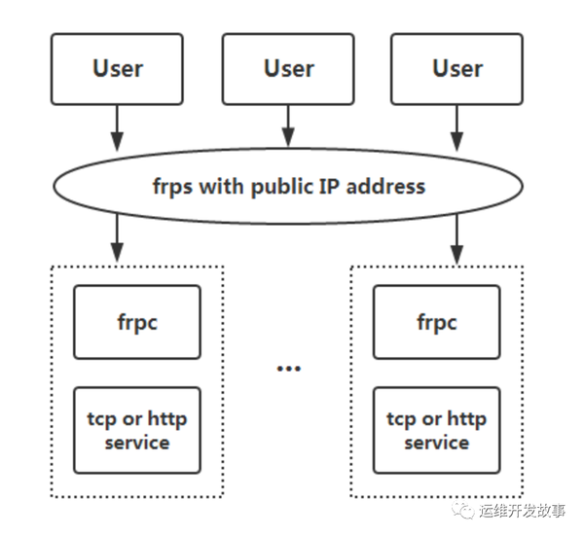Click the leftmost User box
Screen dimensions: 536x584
[117, 69]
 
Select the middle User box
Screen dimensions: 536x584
[288, 69]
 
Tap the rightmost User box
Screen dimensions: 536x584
[456, 69]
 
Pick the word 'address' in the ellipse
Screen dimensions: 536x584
[386, 186]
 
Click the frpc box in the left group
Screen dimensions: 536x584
[137, 323]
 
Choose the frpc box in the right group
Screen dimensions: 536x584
[436, 323]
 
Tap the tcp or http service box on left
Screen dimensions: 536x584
[137, 431]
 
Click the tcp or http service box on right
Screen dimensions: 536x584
[436, 431]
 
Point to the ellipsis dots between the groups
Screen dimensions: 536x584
[288, 369]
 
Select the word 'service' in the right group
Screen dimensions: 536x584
[436, 444]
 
